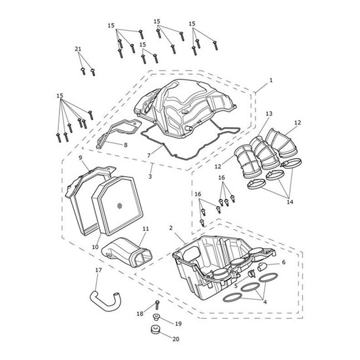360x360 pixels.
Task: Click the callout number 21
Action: click(78, 49)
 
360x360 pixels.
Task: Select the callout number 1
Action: click(271, 81)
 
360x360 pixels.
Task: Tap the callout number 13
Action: click(269, 114)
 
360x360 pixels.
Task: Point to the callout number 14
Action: click(290, 202)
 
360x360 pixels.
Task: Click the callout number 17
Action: click(98, 270)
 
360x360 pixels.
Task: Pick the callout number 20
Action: click(175, 339)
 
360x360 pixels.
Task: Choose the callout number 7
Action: click(149, 156)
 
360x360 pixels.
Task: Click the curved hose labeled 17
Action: click(105, 301)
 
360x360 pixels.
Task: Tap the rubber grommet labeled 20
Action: click(155, 329)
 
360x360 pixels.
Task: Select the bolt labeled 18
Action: click(158, 304)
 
